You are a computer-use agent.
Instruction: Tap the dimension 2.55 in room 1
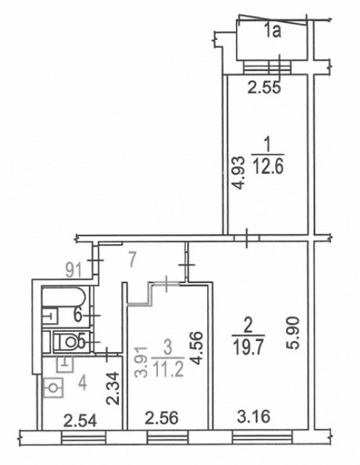point(264,88)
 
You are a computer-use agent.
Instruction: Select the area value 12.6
point(268,167)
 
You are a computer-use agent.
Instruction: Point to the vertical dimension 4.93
point(238,172)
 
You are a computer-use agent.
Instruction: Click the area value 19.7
point(248,347)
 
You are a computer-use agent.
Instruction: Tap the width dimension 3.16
point(254,416)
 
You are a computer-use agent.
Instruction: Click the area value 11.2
point(167,370)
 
